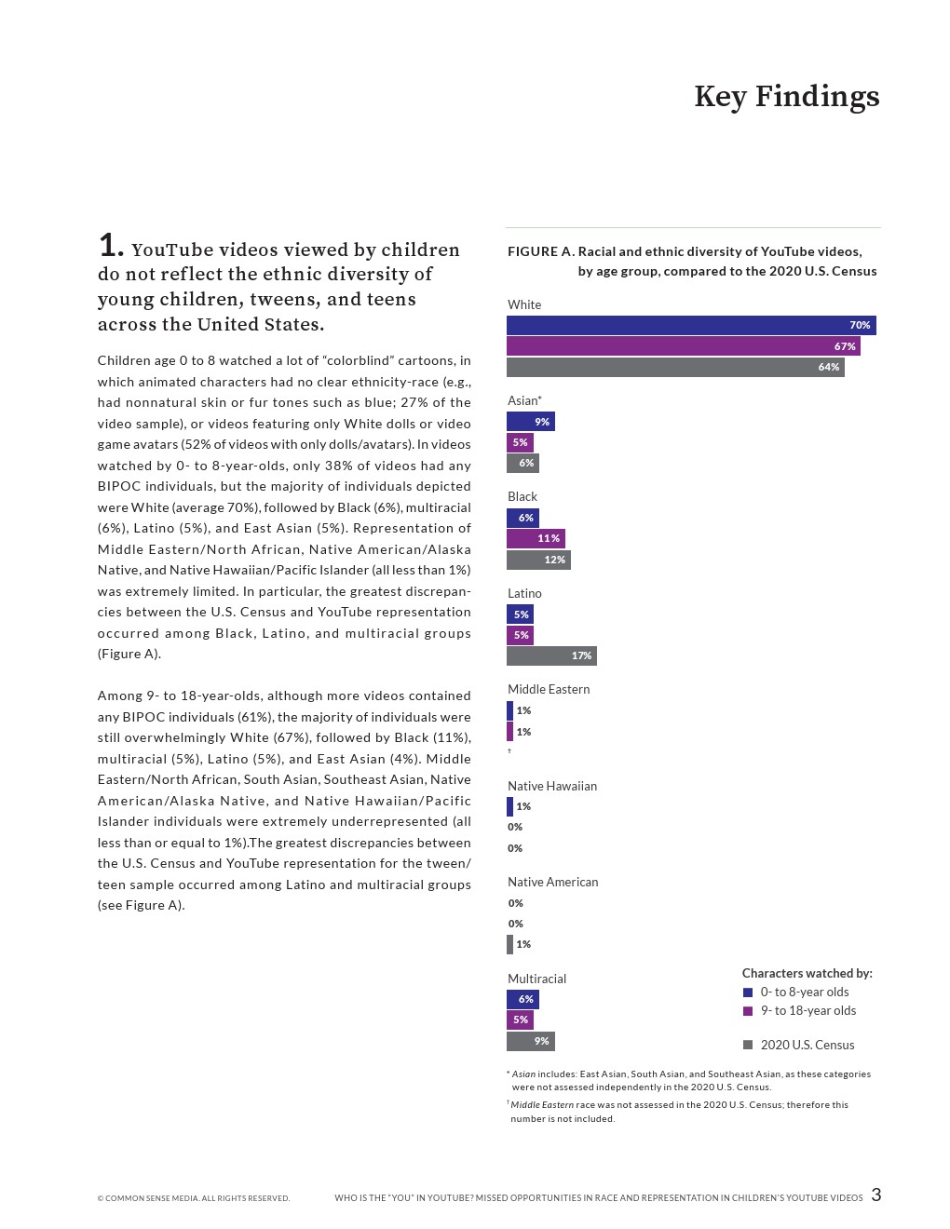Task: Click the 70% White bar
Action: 690,325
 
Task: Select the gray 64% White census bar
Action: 675,367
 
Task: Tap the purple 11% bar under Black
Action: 536,538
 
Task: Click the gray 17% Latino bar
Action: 551,655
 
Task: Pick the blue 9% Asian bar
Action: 530,422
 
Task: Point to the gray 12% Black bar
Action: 538,560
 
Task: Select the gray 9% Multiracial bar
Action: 530,1041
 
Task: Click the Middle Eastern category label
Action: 549,689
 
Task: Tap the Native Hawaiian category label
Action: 552,786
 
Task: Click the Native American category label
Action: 552,882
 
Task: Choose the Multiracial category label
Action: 536,979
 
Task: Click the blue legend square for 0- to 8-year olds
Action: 748,993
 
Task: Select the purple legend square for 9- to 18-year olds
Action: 748,1011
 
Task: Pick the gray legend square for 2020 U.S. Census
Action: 748,1045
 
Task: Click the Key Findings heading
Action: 786,97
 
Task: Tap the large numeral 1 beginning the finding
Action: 110,246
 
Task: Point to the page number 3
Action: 875,1195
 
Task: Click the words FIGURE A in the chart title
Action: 539,251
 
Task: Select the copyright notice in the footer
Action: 194,1198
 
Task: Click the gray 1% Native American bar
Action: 509,944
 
